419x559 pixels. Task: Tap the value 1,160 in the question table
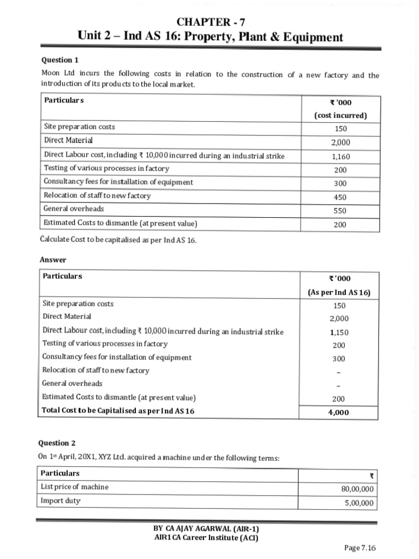340,157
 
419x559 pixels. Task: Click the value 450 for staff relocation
340,197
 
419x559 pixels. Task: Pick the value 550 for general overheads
340,211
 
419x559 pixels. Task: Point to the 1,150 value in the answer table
339,332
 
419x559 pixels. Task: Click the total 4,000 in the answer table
338,413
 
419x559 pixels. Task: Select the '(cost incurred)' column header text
340,115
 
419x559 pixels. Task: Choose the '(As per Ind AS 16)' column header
339,292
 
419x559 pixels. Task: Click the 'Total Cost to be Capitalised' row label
118,411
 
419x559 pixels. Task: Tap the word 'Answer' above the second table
53,260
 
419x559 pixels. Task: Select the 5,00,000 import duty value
358,503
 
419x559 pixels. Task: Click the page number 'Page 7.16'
360,548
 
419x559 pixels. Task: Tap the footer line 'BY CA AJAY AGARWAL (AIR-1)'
206,528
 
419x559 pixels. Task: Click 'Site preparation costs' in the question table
80,127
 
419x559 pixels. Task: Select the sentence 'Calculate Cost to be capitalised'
118,241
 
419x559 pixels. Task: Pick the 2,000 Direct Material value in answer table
339,319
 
